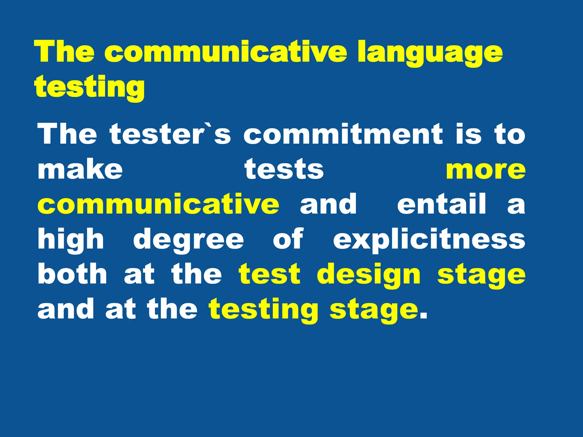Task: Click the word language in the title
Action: tap(430, 53)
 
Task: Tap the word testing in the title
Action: tap(89, 87)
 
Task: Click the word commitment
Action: tap(343, 134)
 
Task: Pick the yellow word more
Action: tap(486, 170)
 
